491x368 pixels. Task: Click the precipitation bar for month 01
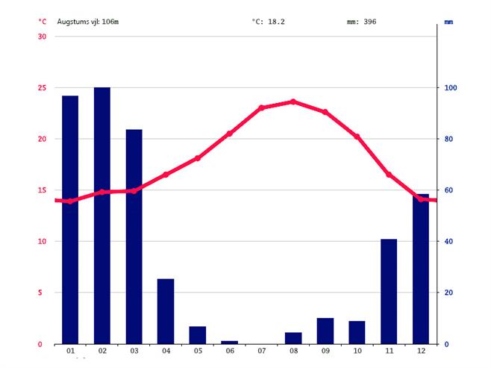(70, 219)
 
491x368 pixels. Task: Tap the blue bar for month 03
(134, 236)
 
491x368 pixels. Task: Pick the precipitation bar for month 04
(166, 311)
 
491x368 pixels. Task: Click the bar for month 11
(389, 291)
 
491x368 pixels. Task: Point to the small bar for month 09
(325, 331)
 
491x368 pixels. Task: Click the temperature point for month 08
(293, 102)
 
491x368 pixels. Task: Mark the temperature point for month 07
(261, 108)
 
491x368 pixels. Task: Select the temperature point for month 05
(198, 158)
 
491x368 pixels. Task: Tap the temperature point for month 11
(389, 174)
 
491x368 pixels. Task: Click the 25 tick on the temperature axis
(41, 88)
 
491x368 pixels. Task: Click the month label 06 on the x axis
(229, 352)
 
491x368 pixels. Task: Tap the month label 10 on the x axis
(357, 352)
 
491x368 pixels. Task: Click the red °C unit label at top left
(42, 22)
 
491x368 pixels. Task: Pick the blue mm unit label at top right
(448, 22)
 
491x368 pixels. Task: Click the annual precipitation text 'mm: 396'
(361, 22)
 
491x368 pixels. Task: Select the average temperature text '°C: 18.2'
(268, 22)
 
